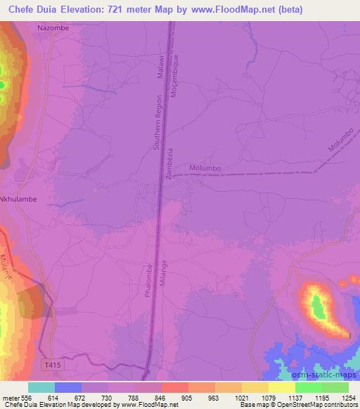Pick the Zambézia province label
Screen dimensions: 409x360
pyautogui.click(x=169, y=165)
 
